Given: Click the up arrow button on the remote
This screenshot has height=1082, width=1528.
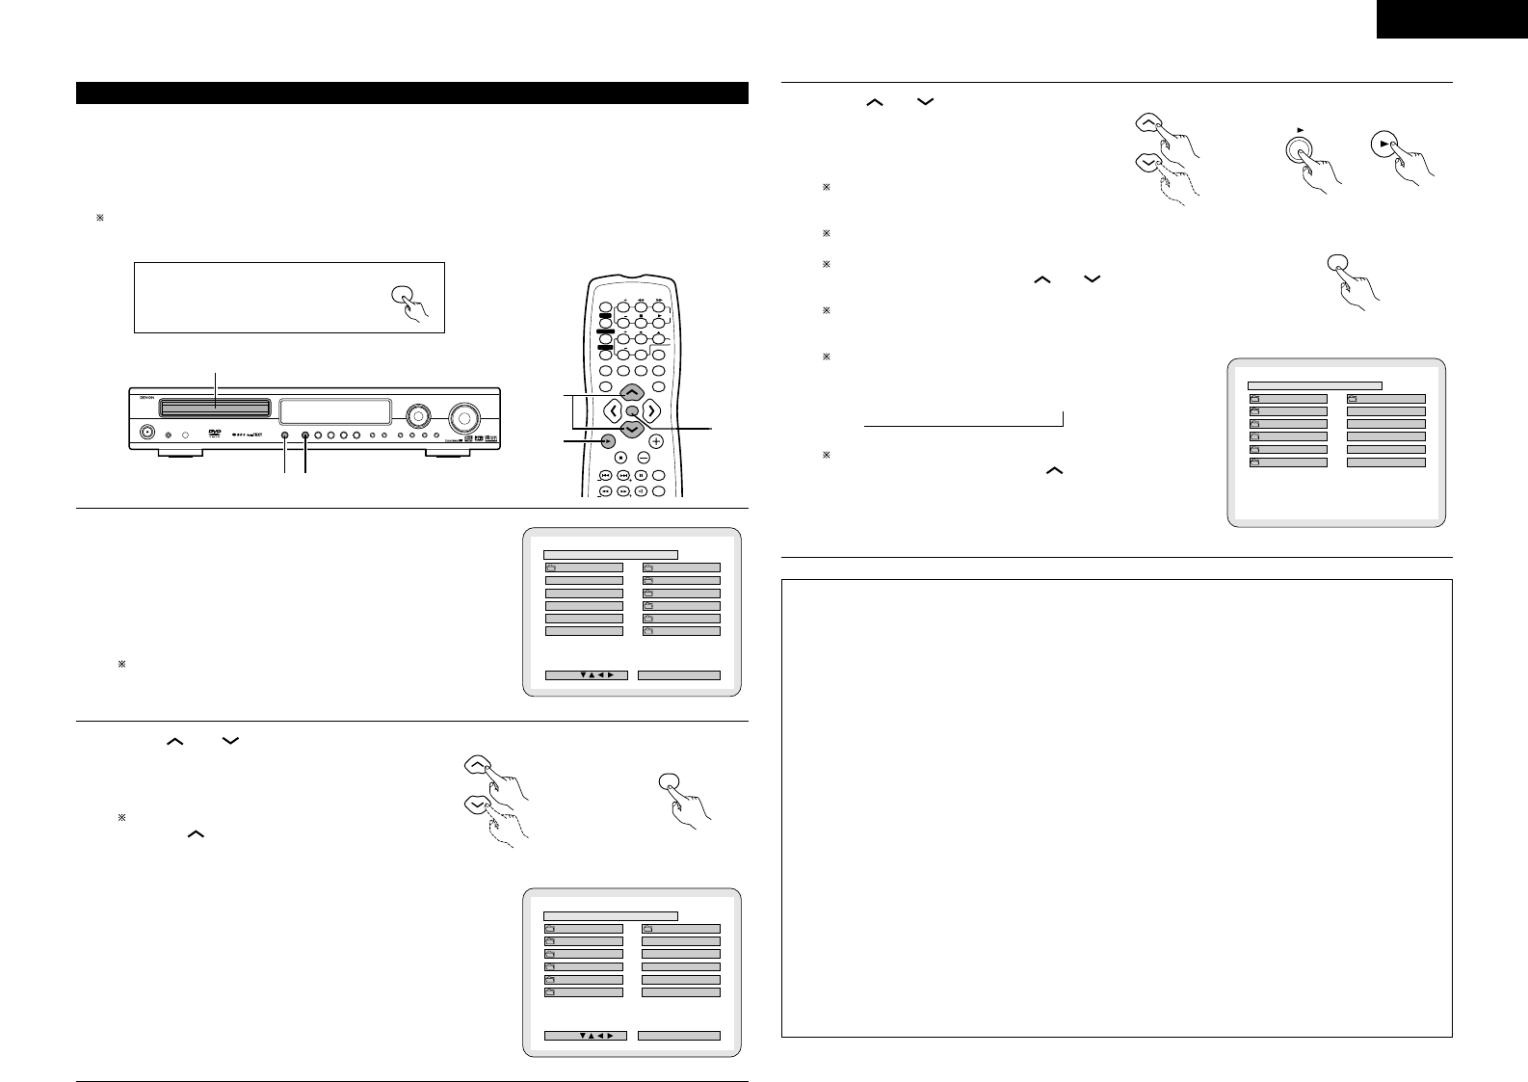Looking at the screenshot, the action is point(631,392).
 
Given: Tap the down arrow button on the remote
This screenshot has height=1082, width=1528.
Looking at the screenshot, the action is point(631,430).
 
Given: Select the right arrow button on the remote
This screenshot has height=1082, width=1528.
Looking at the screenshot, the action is point(652,411).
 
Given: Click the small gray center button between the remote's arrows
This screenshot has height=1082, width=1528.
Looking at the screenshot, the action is point(631,411).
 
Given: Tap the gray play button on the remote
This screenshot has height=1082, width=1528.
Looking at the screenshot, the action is point(608,441).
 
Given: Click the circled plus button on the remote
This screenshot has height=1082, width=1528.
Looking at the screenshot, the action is point(656,441).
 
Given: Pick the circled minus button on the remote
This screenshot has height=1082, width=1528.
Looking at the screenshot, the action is point(643,457).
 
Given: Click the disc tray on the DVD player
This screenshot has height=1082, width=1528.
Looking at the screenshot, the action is point(215,408).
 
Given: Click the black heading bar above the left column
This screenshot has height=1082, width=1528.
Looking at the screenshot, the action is point(412,92).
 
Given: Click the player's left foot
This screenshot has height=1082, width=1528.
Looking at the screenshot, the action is point(171,452).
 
